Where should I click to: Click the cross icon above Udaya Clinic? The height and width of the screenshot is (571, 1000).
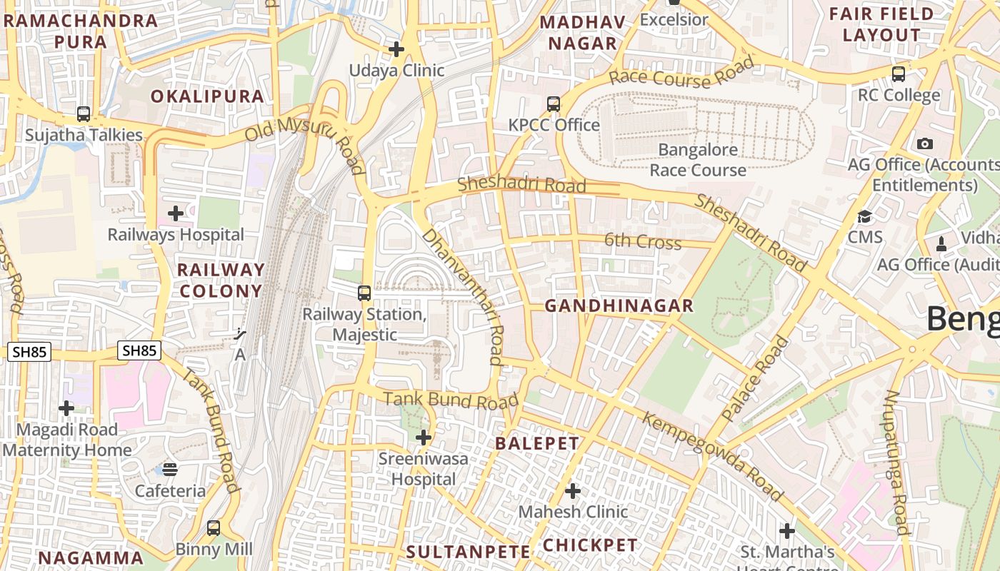396,49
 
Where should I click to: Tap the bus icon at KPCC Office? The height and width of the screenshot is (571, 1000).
554,104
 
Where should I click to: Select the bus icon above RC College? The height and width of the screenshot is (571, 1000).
899,74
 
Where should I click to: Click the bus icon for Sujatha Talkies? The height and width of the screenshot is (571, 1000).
84,114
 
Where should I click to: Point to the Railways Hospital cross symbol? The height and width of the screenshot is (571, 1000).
176,213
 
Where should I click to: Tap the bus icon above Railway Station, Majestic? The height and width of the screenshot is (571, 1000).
364,293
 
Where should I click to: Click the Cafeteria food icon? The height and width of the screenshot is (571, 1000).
170,469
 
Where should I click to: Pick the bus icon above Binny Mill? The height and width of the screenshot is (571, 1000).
214,528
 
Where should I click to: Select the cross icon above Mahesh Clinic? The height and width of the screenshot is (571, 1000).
573,491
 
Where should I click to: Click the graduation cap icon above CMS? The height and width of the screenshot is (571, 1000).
865,216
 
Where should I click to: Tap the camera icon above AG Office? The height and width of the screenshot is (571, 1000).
925,143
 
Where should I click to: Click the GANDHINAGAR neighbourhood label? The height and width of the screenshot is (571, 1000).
619,306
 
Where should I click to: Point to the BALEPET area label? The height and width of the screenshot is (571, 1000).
537,443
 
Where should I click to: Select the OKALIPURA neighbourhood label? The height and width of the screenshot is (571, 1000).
207,96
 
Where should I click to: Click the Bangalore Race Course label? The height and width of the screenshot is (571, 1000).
698,160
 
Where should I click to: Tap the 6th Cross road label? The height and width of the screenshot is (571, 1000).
643,241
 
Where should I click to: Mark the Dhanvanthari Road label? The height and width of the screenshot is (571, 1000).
464,295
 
